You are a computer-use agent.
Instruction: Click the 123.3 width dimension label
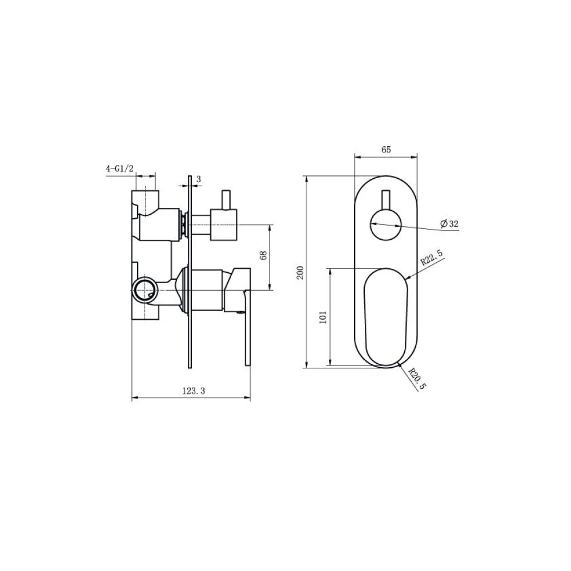click(x=194, y=391)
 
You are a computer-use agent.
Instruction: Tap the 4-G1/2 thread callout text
click(x=120, y=168)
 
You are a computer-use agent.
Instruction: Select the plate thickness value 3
click(x=199, y=179)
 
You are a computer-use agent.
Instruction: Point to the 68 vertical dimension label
click(x=264, y=255)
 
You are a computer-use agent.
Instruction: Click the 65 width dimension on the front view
click(x=386, y=150)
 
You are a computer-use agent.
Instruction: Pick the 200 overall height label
click(x=300, y=272)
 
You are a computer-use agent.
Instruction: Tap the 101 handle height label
click(x=323, y=317)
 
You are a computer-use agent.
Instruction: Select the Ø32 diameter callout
click(x=449, y=224)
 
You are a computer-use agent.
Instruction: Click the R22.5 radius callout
click(x=432, y=257)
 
